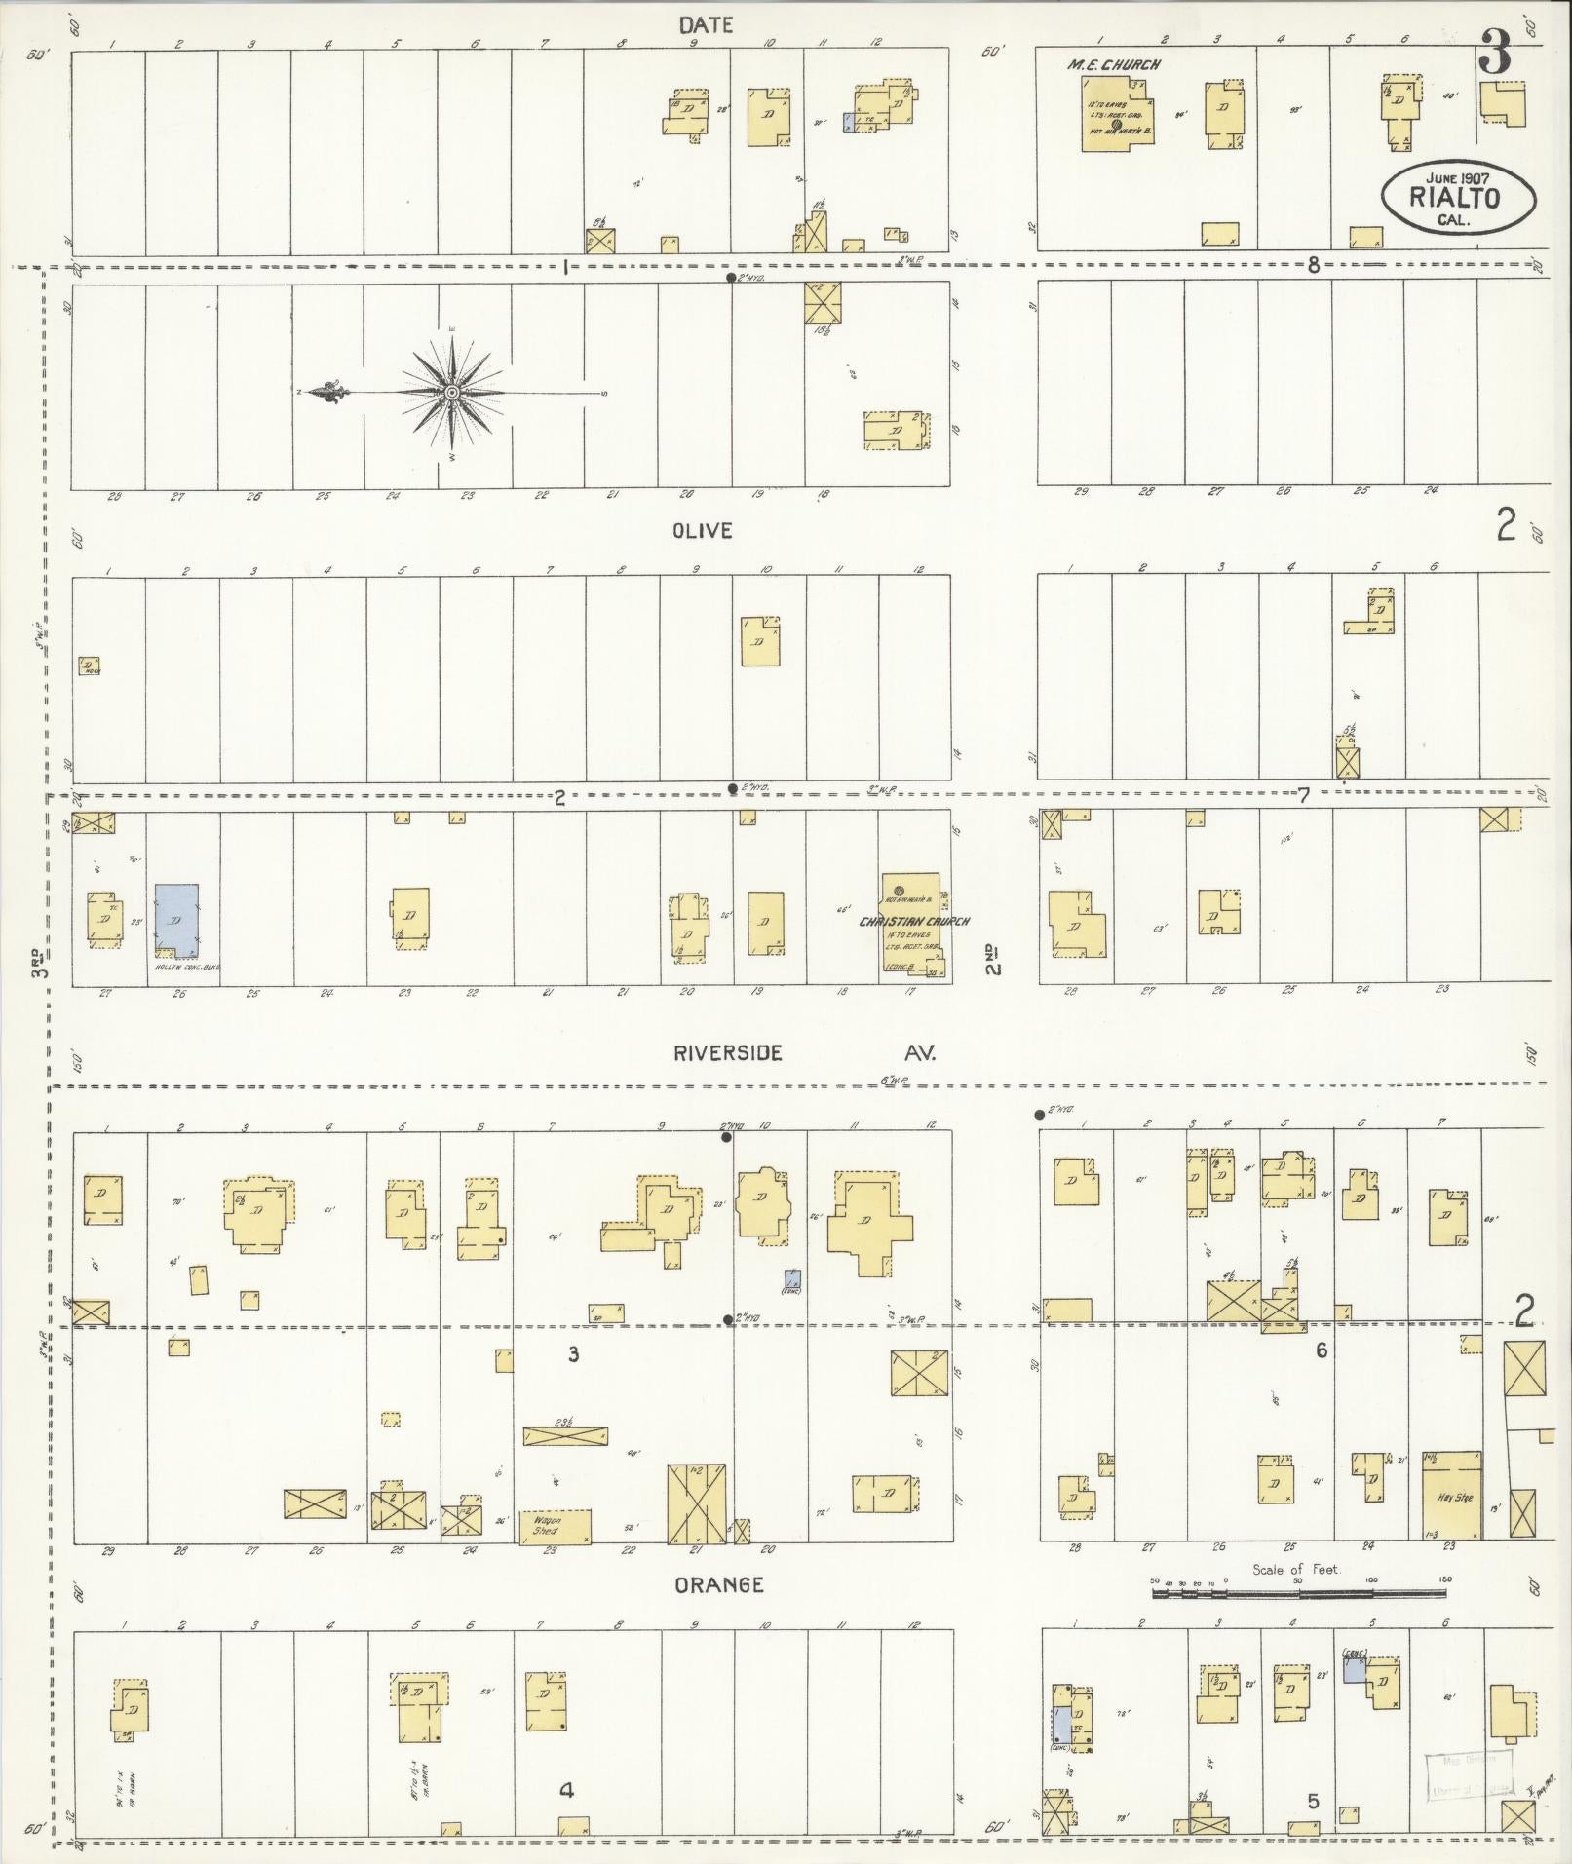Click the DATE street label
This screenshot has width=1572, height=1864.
[x=707, y=25]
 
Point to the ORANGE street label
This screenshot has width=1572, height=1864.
[x=720, y=1585]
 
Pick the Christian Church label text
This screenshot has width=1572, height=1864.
[x=913, y=921]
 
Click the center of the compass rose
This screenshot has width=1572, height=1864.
[x=452, y=393]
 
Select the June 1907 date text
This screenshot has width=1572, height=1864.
[x=1459, y=177]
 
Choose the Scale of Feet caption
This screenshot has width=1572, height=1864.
[x=1296, y=1570]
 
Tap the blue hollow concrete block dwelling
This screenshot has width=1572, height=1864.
[x=176, y=918]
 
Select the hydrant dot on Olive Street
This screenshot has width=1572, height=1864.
[x=732, y=788]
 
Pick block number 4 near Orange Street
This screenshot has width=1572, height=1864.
[x=566, y=1789]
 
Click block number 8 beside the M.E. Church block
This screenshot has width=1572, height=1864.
[x=1313, y=265]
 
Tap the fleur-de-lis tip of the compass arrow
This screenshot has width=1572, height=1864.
[x=318, y=393]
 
